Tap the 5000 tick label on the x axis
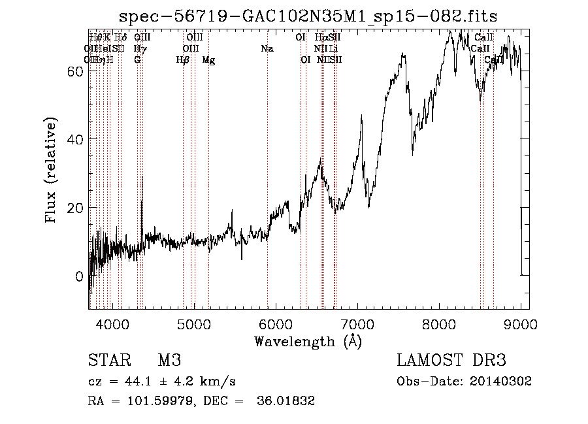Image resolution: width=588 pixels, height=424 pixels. [194, 323]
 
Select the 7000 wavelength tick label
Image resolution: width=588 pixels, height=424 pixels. [357, 323]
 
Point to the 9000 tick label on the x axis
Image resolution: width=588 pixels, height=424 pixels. [521, 323]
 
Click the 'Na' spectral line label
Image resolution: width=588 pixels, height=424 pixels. [267, 48]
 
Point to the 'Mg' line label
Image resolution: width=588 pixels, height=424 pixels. [208, 60]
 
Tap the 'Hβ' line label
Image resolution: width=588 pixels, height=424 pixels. [183, 60]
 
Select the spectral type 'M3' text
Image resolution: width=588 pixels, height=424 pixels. [169, 361]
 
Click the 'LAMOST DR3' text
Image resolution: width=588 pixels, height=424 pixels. [451, 361]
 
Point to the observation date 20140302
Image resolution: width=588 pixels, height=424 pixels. [503, 382]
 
